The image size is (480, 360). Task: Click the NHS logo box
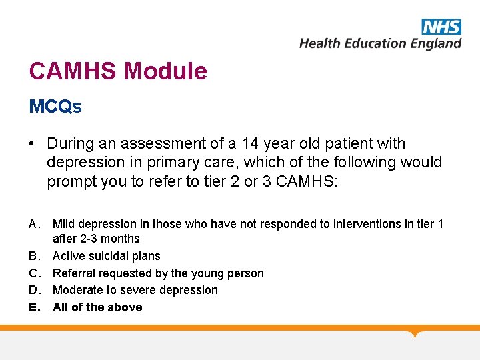coord(441,26)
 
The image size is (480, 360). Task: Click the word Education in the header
coord(369,43)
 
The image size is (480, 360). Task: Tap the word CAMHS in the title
coord(74,71)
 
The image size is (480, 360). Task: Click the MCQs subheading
coord(55,107)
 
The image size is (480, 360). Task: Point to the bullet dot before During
coord(33,144)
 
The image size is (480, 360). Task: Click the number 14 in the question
coord(250,143)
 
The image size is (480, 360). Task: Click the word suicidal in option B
coord(109,256)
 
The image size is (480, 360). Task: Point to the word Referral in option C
coord(74,273)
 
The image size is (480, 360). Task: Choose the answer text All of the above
coord(97,307)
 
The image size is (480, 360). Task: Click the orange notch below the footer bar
coord(416,333)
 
